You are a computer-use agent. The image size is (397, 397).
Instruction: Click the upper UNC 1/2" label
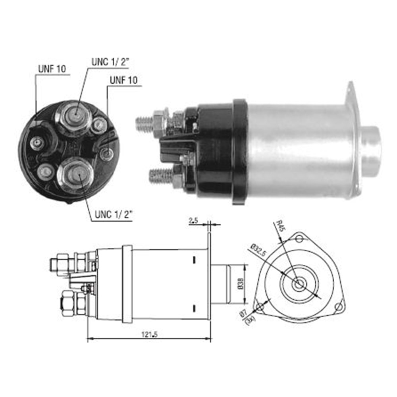(110, 62)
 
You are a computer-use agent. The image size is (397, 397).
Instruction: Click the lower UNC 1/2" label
(114, 214)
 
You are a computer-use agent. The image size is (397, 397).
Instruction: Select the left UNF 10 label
(52, 69)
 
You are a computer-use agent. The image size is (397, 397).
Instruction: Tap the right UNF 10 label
(123, 80)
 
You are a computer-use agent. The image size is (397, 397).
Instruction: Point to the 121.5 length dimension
(149, 334)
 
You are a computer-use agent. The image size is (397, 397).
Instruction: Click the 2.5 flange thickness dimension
(193, 221)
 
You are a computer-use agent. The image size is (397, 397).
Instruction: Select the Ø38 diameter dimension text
(241, 283)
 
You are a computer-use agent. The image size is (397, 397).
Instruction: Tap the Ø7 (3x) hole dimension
(247, 316)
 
